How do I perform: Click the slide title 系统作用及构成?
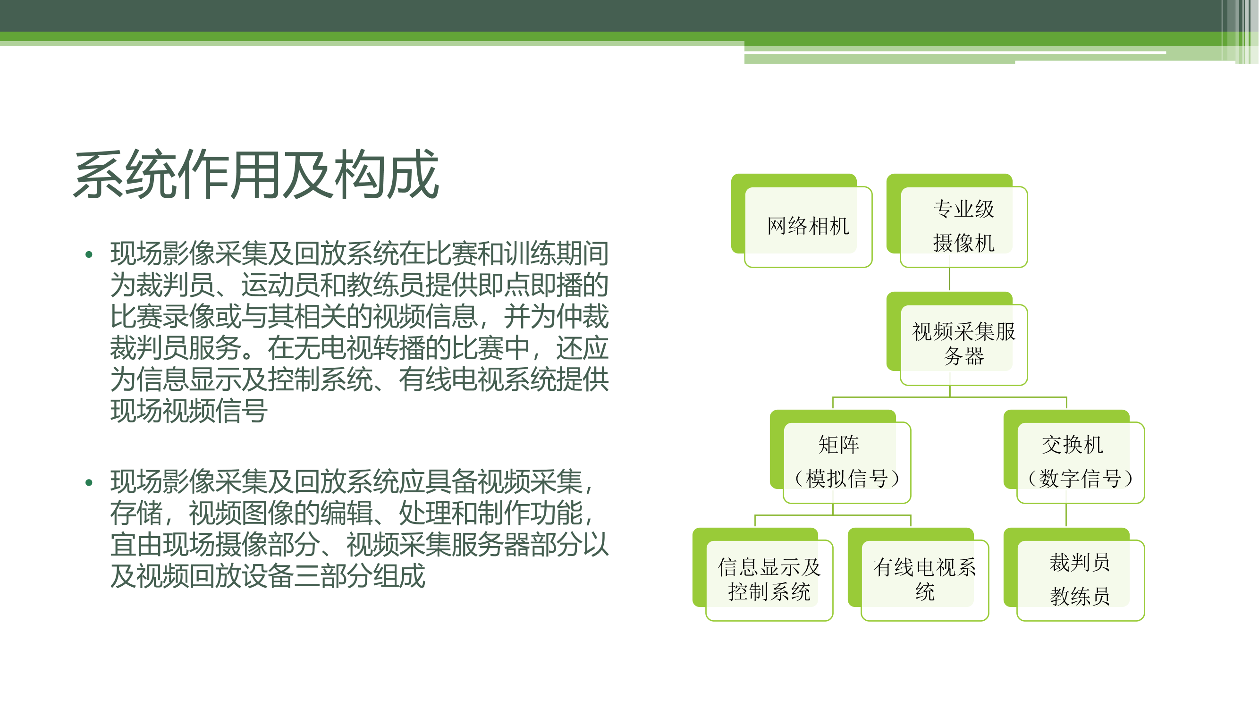[x=256, y=175]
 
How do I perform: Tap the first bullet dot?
[x=88, y=254]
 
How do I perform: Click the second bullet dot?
[x=88, y=483]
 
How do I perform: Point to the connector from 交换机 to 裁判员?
[x=1066, y=515]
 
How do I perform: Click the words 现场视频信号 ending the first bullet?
[x=189, y=411]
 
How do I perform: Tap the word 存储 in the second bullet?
[x=136, y=513]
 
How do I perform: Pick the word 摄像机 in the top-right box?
[x=964, y=243]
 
